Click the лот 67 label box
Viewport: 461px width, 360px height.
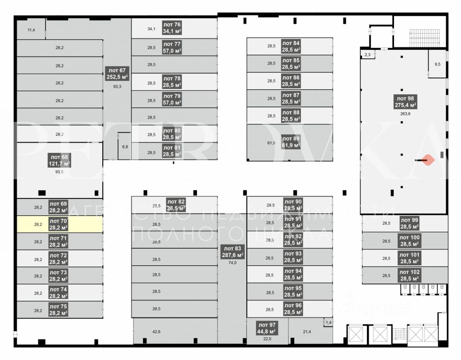(x=117, y=73)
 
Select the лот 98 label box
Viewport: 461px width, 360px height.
(x=406, y=102)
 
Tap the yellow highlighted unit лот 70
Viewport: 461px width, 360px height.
(x=60, y=224)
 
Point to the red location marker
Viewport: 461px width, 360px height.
(x=428, y=160)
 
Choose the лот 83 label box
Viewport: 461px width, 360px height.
(x=233, y=252)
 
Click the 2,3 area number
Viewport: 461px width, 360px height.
(x=367, y=55)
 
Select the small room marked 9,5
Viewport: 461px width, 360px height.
(x=438, y=64)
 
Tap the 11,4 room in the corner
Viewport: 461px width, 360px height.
(x=31, y=30)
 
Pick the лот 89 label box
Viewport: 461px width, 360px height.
(x=291, y=142)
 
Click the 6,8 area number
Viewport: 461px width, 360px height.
(x=125, y=147)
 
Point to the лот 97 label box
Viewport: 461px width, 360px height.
(x=267, y=328)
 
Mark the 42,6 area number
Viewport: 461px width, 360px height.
(x=156, y=332)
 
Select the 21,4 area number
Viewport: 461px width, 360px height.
(x=307, y=332)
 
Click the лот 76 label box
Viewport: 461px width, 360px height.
(x=172, y=28)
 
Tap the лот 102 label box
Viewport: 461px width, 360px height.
(x=409, y=275)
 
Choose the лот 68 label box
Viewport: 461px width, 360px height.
(x=59, y=160)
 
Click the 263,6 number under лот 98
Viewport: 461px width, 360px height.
(x=405, y=114)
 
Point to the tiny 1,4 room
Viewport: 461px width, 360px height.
(x=328, y=323)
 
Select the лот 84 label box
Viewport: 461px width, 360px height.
(x=291, y=46)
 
